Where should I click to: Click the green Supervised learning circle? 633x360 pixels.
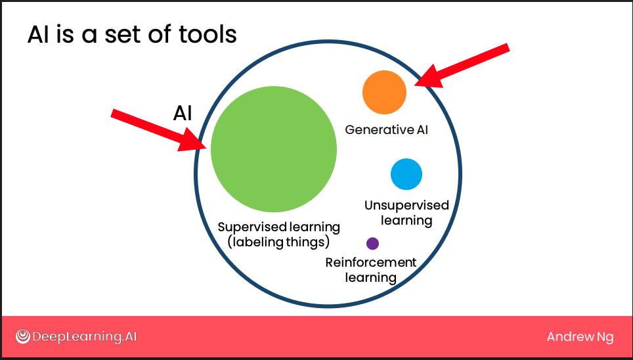click(x=274, y=149)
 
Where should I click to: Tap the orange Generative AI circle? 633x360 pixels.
click(x=384, y=92)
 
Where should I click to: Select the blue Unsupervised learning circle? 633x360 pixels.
click(x=406, y=174)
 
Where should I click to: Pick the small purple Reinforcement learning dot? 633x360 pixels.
click(x=372, y=244)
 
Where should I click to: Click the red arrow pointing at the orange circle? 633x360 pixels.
click(x=462, y=66)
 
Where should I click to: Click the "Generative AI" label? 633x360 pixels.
click(x=386, y=129)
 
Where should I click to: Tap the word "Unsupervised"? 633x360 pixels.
click(x=406, y=205)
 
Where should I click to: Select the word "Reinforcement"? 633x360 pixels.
click(x=370, y=262)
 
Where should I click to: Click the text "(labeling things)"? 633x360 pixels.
click(x=278, y=242)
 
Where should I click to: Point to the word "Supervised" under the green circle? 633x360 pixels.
click(x=247, y=227)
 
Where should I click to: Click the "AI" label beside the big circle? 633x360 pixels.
click(x=183, y=114)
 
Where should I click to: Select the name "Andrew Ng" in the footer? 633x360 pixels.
click(x=580, y=337)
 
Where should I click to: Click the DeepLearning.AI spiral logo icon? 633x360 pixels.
click(x=22, y=336)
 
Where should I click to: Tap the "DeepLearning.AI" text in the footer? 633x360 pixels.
click(x=84, y=337)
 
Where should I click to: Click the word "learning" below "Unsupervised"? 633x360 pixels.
click(x=406, y=221)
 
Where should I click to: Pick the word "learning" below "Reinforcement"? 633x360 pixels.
click(x=370, y=278)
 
